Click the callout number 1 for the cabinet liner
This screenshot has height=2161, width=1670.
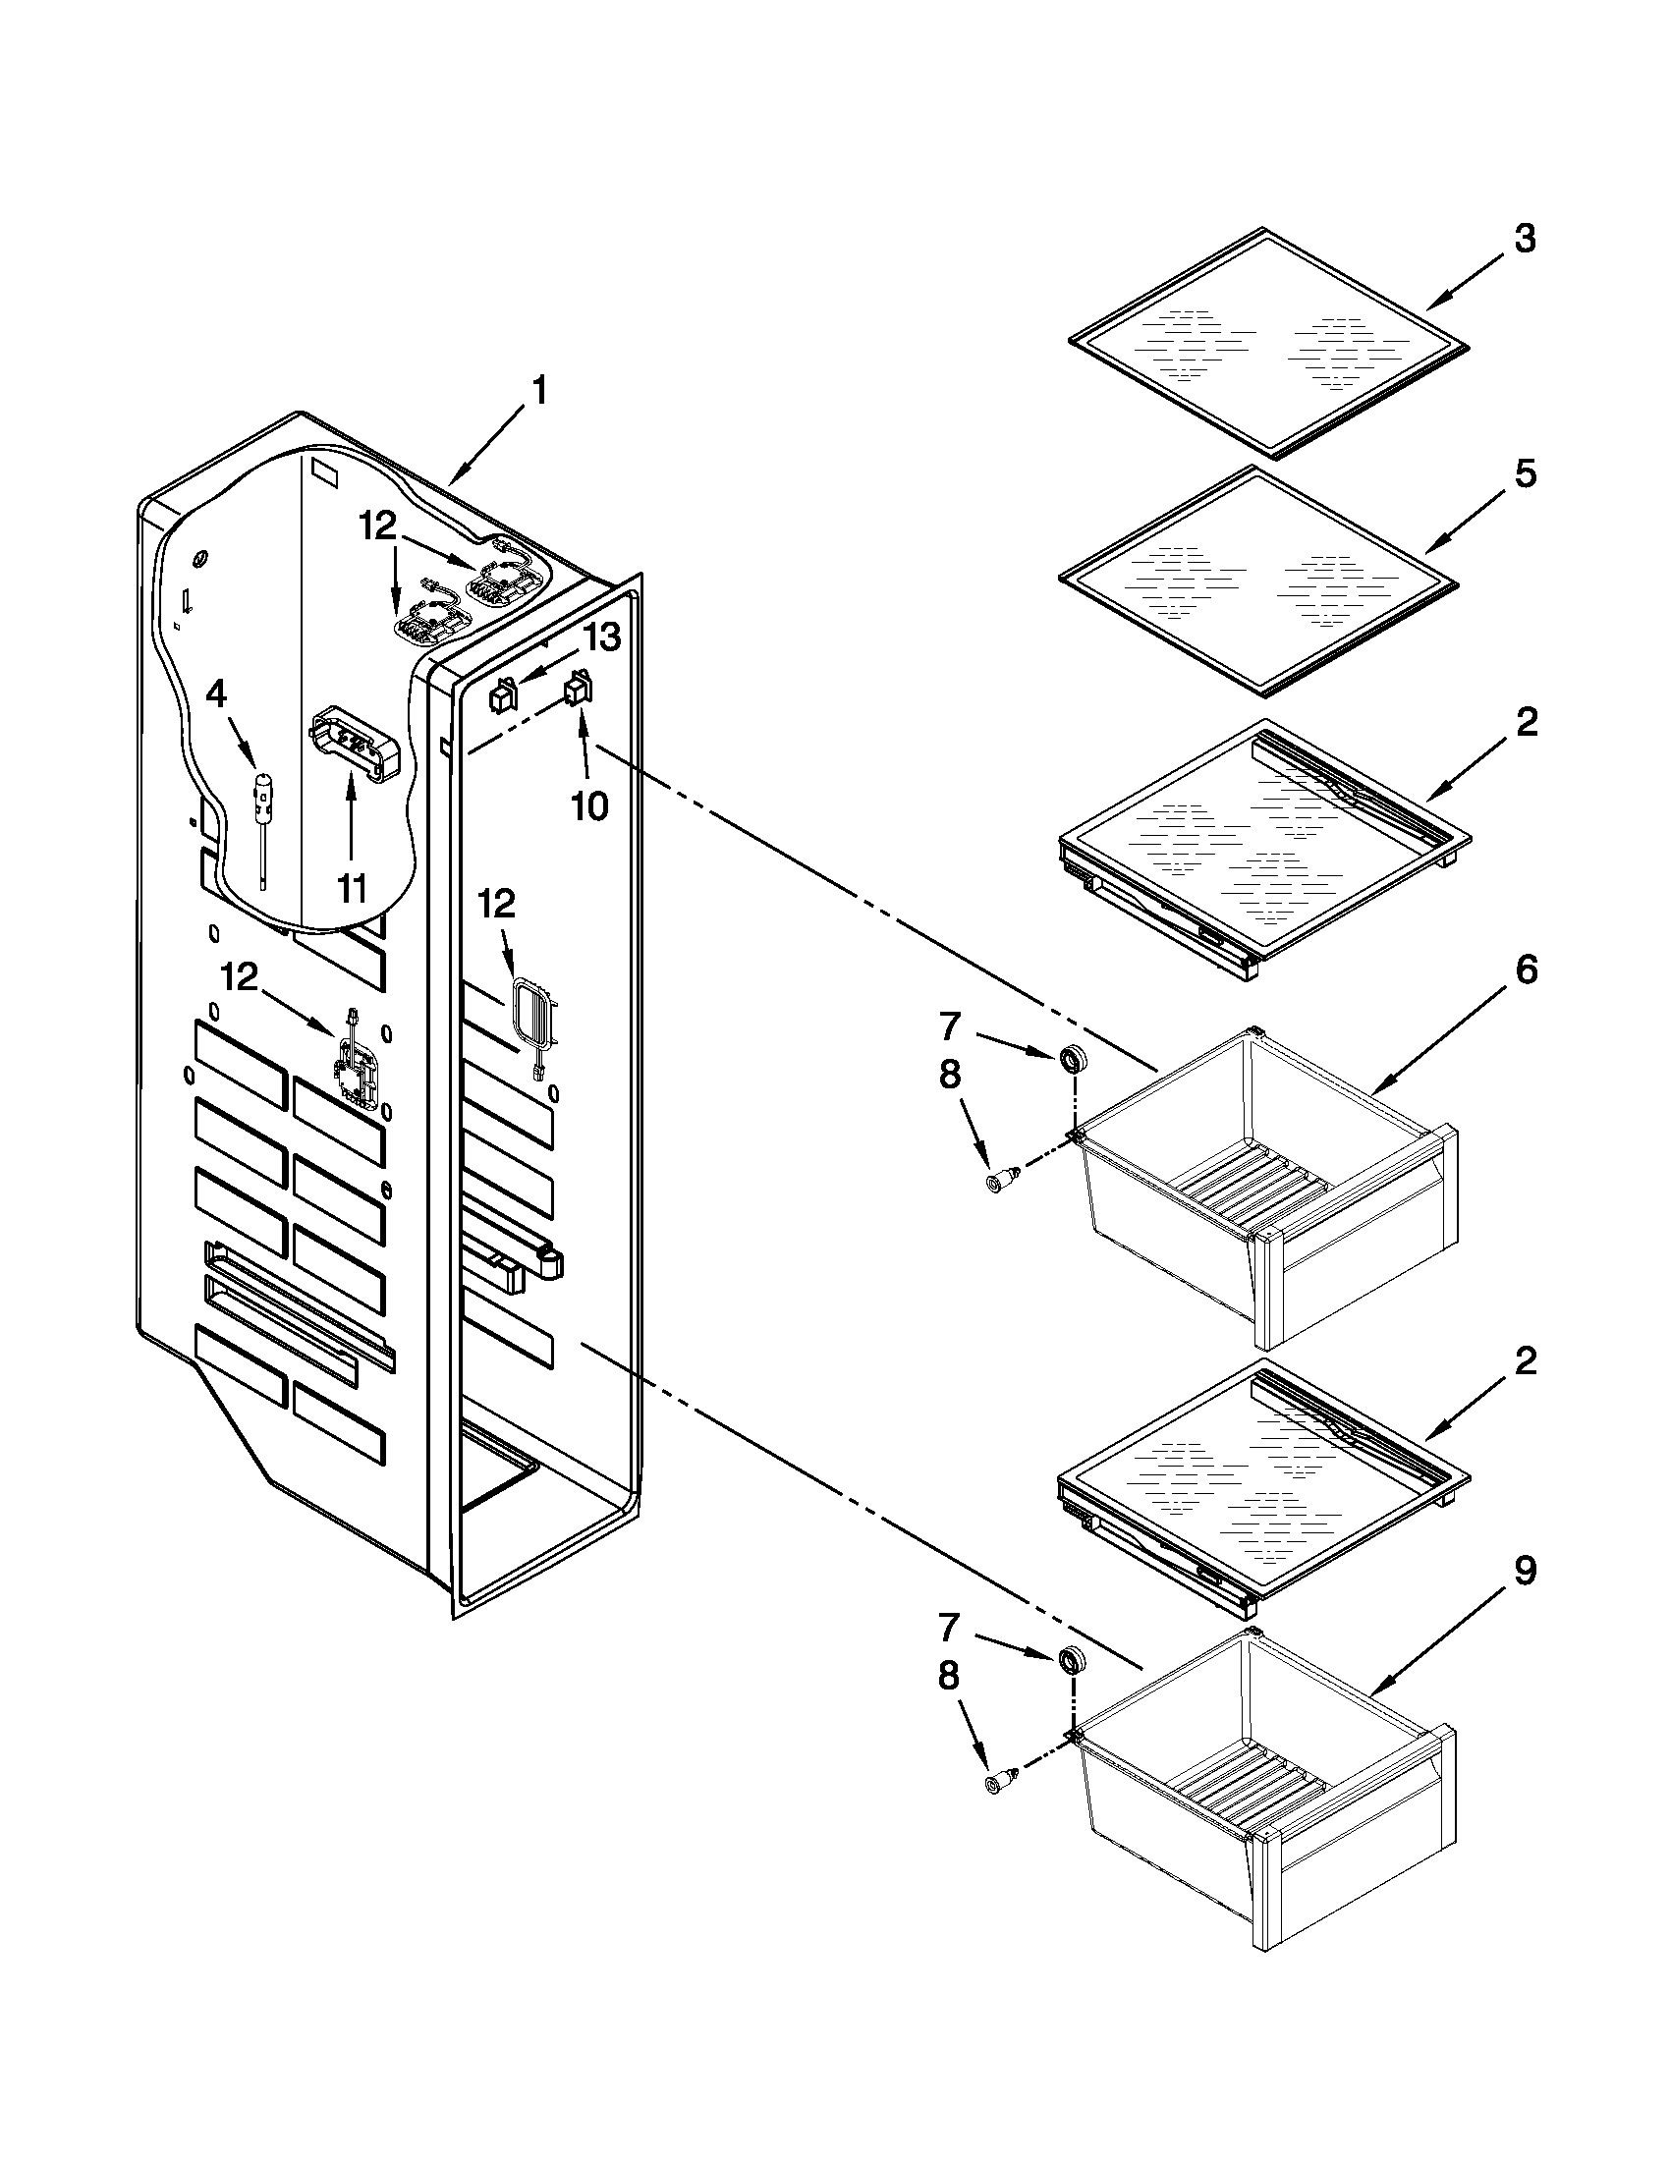[538, 392]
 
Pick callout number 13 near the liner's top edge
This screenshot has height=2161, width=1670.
[600, 637]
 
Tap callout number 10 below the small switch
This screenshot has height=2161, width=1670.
[589, 805]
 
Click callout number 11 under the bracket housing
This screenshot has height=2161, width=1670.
[352, 888]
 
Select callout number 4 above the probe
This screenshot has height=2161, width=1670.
[216, 694]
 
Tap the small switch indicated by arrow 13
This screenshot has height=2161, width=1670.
[504, 696]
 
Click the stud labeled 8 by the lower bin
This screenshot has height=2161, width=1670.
[997, 1783]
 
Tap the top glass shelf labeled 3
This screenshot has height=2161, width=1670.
[1268, 343]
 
